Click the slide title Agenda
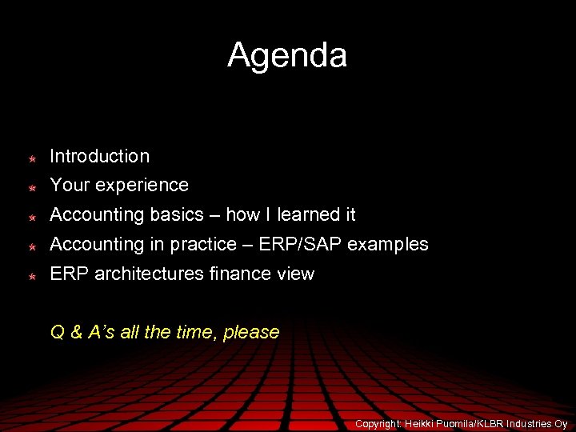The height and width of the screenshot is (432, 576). (287, 55)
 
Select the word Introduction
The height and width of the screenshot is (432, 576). (99, 156)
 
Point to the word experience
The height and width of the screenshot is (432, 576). (142, 186)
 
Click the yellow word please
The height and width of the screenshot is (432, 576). (251, 333)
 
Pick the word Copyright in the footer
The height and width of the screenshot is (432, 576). (378, 423)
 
